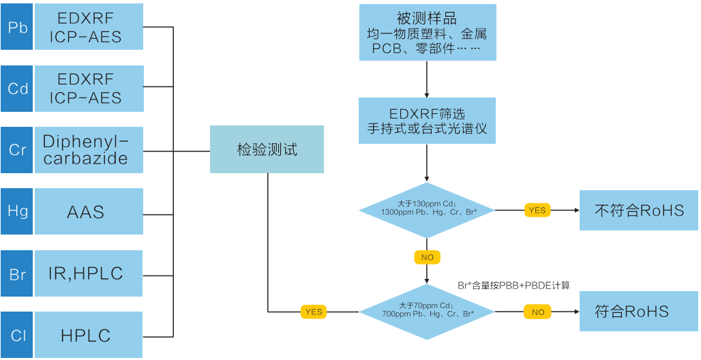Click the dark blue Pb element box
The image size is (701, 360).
pos(17,27)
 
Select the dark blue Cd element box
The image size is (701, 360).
pos(17,89)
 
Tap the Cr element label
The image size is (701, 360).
pos(17,150)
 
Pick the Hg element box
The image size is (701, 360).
pos(17,211)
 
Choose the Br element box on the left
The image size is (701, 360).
pos(17,273)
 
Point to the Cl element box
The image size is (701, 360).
pos(17,335)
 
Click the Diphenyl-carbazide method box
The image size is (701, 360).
pos(89,150)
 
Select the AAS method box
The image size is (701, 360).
pos(89,211)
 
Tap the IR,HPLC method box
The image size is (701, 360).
pos(89,273)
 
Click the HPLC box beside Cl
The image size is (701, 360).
pos(89,335)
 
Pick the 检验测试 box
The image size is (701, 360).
pos(267,149)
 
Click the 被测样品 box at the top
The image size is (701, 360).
pos(427,33)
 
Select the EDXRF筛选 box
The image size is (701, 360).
pos(427,120)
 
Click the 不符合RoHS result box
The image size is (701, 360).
pos(638,210)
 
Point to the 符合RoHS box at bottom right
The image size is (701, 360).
pos(638,312)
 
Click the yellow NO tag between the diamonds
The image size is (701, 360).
pos(427,258)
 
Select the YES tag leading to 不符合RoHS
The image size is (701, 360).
pos(537,210)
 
